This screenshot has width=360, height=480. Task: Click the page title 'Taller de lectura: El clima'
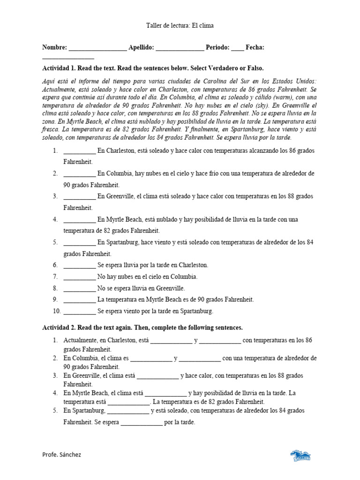(180, 26)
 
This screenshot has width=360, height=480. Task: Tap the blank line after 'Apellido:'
(180, 48)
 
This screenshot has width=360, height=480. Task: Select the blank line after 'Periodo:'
(237, 48)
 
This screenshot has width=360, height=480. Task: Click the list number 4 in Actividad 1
(55, 219)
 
